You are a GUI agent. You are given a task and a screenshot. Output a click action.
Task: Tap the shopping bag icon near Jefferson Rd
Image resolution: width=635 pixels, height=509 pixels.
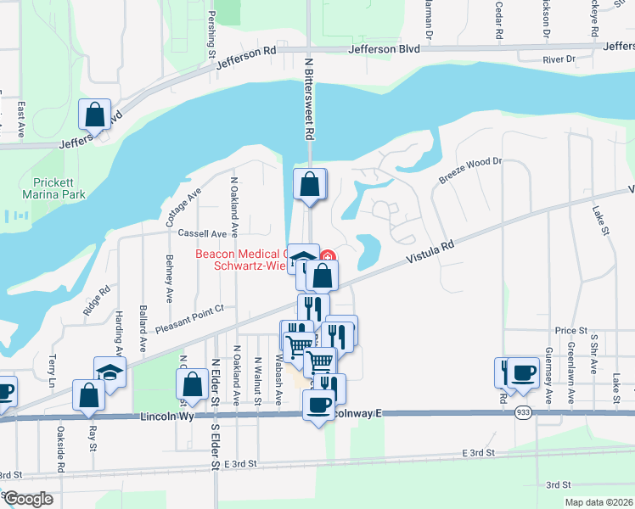(95, 115)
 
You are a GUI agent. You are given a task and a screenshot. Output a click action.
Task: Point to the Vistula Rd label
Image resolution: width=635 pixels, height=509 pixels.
(430, 250)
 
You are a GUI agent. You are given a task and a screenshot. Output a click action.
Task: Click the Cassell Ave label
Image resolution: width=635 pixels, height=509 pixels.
(202, 233)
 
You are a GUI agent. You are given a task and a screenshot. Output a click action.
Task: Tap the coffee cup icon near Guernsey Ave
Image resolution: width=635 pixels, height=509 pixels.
(523, 372)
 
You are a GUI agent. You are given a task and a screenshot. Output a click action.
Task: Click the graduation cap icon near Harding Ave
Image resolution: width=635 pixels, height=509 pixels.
(110, 372)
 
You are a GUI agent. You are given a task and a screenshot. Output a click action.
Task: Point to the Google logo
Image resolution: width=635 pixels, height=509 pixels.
(28, 499)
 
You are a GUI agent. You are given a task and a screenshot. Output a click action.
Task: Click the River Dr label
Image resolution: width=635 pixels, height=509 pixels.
(559, 60)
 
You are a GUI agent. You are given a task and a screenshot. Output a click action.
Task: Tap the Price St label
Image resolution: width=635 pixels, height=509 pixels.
(571, 330)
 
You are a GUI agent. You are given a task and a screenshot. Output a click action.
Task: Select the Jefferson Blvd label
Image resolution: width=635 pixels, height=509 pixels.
(386, 49)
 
